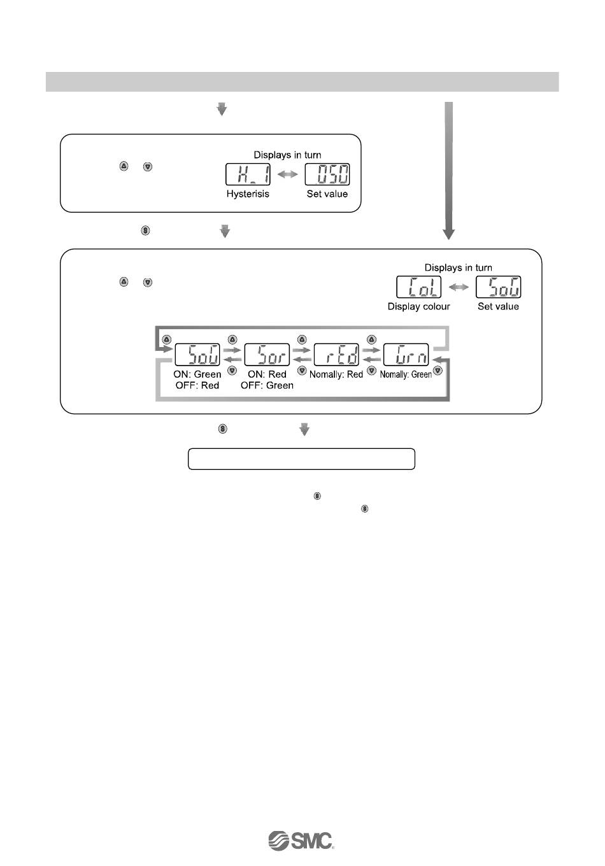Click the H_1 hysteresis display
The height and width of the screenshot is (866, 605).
[x=248, y=175]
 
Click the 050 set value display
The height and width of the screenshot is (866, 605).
[x=327, y=175]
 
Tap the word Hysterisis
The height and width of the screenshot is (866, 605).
[x=248, y=194]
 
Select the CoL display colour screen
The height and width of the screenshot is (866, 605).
[x=419, y=287]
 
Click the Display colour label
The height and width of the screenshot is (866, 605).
[x=418, y=306]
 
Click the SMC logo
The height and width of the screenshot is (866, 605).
[x=301, y=841]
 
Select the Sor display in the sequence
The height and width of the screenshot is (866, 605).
[x=267, y=355]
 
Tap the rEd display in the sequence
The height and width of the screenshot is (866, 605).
[x=337, y=355]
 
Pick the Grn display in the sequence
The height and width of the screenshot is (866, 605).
[x=406, y=355]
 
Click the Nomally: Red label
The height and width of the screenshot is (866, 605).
[x=336, y=374]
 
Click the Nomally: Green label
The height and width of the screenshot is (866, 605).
[x=406, y=374]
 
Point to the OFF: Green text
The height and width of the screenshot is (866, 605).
[x=267, y=385]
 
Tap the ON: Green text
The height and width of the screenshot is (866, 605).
[x=197, y=374]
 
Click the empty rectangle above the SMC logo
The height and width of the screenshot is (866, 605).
[x=301, y=458]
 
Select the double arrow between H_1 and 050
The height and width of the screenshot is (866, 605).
[x=288, y=175]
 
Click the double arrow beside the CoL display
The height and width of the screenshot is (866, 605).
[x=459, y=287]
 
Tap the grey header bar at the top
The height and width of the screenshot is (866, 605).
[x=302, y=82]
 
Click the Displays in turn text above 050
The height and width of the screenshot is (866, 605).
[x=287, y=155]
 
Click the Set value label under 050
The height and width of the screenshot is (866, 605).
[x=327, y=194]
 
